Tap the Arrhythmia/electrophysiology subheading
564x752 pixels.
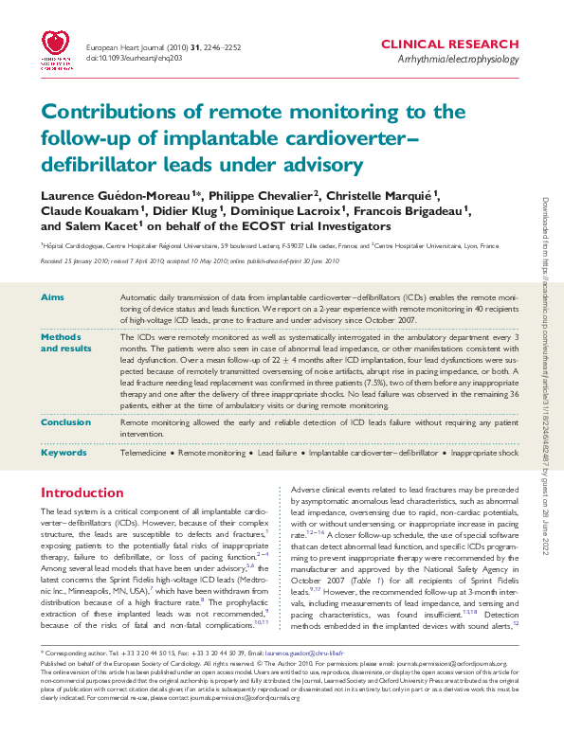(459, 59)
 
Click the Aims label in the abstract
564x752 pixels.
(52, 297)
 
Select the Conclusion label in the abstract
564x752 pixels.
(66, 422)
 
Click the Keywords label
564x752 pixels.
(64, 453)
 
